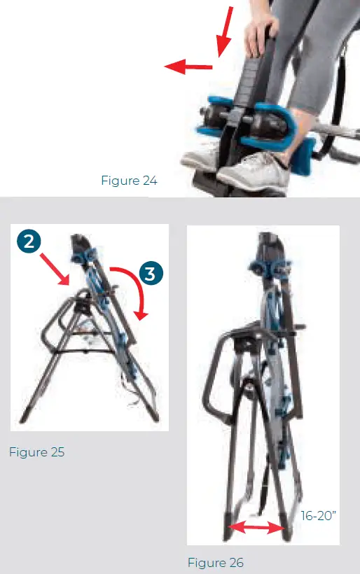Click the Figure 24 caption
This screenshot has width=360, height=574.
click(129, 181)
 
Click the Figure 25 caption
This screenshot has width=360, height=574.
click(36, 452)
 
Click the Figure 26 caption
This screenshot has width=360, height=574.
click(215, 562)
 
